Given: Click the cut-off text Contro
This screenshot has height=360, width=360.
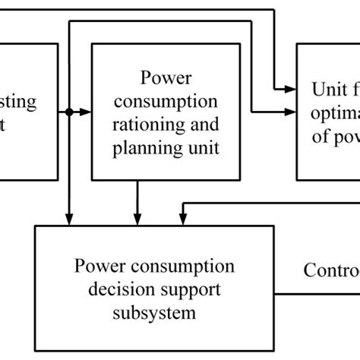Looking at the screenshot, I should coord(331,270).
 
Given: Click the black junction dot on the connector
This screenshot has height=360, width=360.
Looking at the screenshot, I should coord(69,112).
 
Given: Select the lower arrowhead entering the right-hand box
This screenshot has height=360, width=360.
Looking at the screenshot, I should coord(292,112).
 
